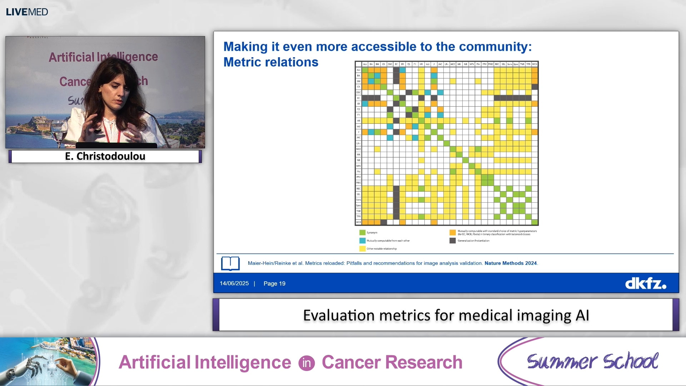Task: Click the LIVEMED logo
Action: (27, 12)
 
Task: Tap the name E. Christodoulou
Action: (105, 156)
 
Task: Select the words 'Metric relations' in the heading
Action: (271, 62)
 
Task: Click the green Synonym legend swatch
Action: (362, 232)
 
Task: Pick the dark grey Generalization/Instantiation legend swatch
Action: (452, 241)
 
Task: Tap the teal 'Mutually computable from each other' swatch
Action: (362, 241)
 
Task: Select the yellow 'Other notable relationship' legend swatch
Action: (362, 249)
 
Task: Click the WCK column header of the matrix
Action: (535, 64)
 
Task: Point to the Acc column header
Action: (365, 64)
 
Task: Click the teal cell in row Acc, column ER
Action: (403, 70)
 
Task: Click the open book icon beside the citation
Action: (230, 263)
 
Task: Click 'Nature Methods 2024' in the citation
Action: (511, 263)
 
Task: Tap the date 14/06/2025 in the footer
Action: (234, 283)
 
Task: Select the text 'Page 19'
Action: (274, 283)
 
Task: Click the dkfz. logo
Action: (645, 284)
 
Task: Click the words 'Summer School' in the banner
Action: (592, 362)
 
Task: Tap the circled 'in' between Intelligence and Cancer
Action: (307, 363)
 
